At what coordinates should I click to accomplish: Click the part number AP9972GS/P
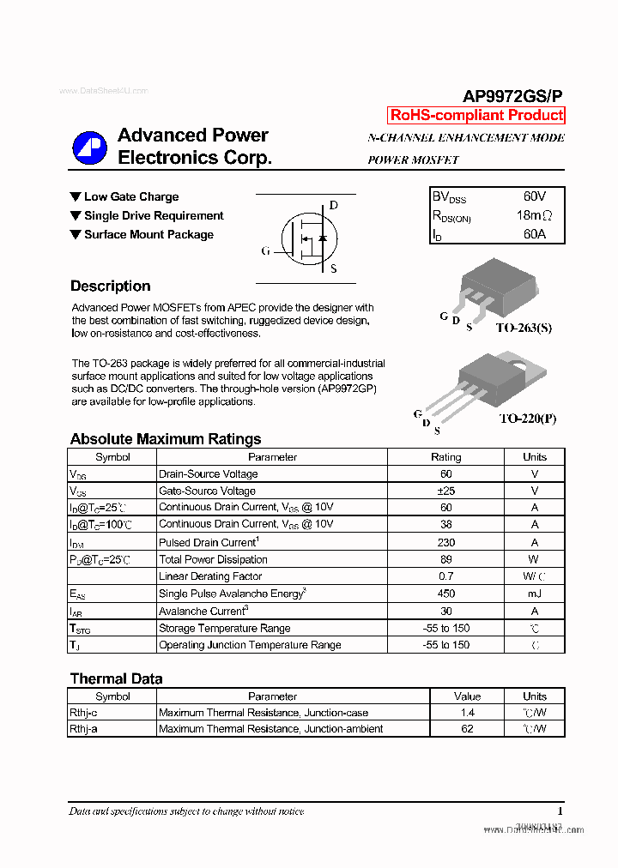513,97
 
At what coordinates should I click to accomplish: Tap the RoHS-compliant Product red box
476,115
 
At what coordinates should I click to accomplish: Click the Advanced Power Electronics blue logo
90,148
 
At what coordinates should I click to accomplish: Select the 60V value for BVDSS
534,197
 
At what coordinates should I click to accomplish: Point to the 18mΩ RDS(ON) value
534,216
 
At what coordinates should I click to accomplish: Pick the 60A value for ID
534,234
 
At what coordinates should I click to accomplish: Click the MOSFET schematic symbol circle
306,237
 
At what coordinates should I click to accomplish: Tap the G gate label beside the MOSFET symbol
265,251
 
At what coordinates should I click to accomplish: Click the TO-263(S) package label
524,328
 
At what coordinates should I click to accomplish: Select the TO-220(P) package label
527,419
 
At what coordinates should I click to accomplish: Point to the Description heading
110,286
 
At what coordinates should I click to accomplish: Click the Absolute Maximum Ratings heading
166,439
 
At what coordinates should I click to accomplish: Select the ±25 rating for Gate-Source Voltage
445,491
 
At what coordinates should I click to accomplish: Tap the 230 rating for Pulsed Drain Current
445,542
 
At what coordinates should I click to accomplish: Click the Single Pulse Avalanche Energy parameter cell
233,594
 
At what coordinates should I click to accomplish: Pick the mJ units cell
534,594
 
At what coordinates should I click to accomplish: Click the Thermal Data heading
116,678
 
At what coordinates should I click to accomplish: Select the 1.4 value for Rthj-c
467,713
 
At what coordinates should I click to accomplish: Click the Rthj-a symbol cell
87,729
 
